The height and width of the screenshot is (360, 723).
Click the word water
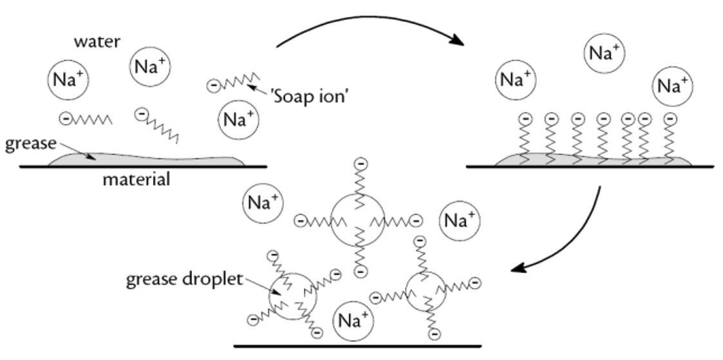click(97, 42)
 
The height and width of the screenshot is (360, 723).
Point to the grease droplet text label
click(185, 279)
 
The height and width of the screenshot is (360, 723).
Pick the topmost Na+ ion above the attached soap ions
click(605, 53)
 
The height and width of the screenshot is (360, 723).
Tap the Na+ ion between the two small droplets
click(353, 320)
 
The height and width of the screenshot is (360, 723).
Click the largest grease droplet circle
click(358, 221)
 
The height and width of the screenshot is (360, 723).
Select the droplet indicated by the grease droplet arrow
click(293, 293)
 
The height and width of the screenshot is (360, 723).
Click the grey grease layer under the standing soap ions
click(592, 160)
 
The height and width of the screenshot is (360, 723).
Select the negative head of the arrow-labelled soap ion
click(213, 85)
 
